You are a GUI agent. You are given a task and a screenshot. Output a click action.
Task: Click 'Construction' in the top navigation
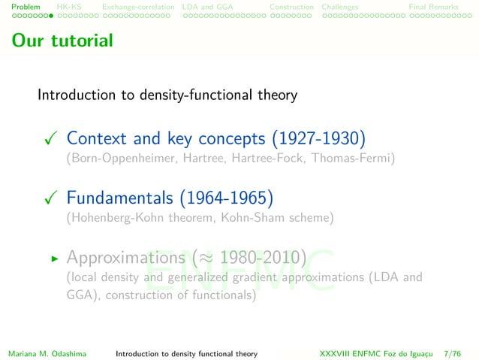point(291,7)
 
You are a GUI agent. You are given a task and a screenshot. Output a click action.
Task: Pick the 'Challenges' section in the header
point(340,7)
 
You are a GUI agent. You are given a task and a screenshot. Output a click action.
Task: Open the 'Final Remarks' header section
point(433,7)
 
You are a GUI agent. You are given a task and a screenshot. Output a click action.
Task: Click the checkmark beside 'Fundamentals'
point(50,199)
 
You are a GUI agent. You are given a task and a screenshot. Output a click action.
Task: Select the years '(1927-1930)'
point(318,139)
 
